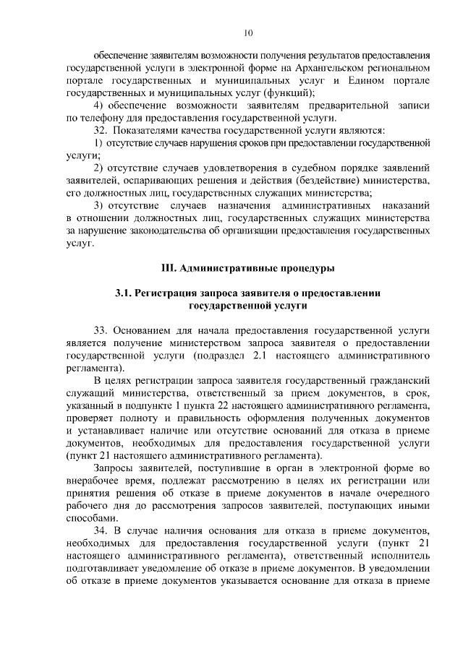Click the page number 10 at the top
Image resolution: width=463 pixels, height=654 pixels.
pyautogui.click(x=248, y=33)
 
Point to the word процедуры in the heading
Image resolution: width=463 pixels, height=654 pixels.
pyautogui.click(x=302, y=268)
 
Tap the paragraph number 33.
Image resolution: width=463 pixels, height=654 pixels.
pyautogui.click(x=102, y=330)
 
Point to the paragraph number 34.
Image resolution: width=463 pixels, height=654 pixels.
pyautogui.click(x=102, y=532)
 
